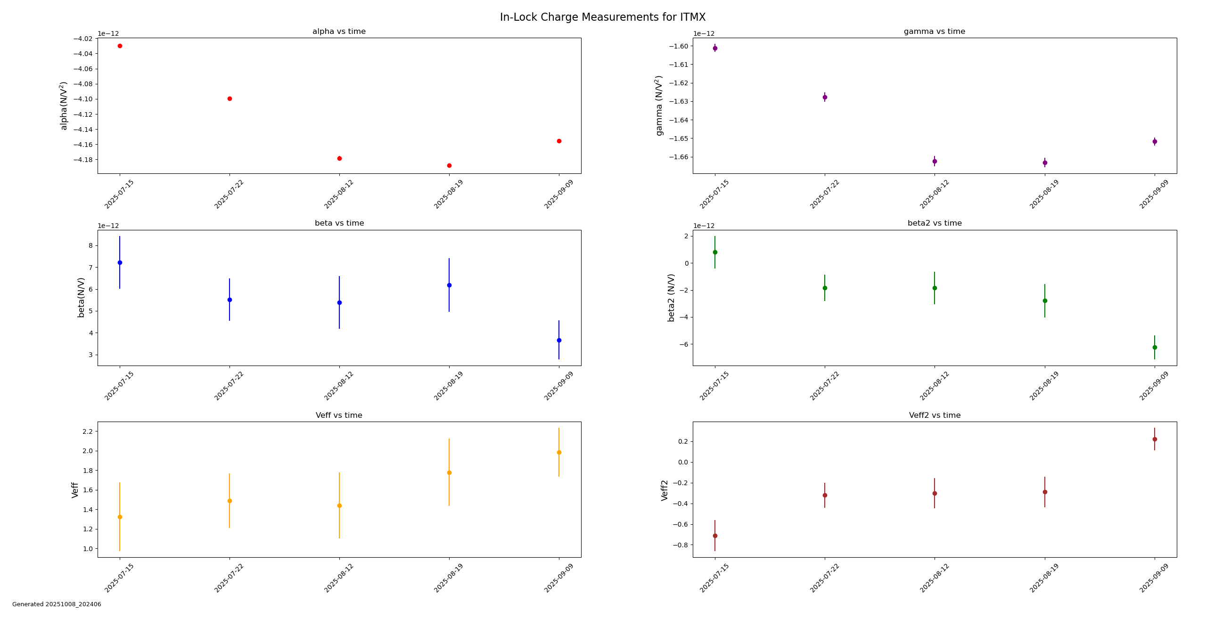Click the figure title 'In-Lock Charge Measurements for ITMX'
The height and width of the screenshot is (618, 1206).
[x=602, y=17]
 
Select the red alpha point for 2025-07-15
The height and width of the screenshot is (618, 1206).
[x=120, y=46]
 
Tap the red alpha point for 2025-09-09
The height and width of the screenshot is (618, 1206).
[x=559, y=141]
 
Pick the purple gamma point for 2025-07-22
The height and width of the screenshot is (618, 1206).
[x=825, y=98]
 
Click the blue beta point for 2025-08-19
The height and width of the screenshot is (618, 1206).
[x=449, y=285]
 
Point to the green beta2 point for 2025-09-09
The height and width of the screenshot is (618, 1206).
[x=1155, y=348]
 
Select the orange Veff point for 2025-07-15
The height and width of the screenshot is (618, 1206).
[x=120, y=517]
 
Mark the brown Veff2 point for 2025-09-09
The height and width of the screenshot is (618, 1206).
[x=1155, y=439]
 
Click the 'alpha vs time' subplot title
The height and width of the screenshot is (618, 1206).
[x=339, y=32]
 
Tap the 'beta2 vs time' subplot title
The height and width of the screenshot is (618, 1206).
[x=935, y=223]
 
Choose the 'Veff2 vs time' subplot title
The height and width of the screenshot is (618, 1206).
[x=935, y=415]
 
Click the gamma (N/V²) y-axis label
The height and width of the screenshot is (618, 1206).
[x=659, y=106]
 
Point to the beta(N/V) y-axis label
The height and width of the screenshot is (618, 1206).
[x=81, y=297]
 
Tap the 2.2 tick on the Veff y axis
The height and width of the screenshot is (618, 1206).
[x=87, y=431]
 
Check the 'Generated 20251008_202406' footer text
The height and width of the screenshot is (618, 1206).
[x=57, y=604]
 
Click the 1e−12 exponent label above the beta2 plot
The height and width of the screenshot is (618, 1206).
[x=704, y=226]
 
